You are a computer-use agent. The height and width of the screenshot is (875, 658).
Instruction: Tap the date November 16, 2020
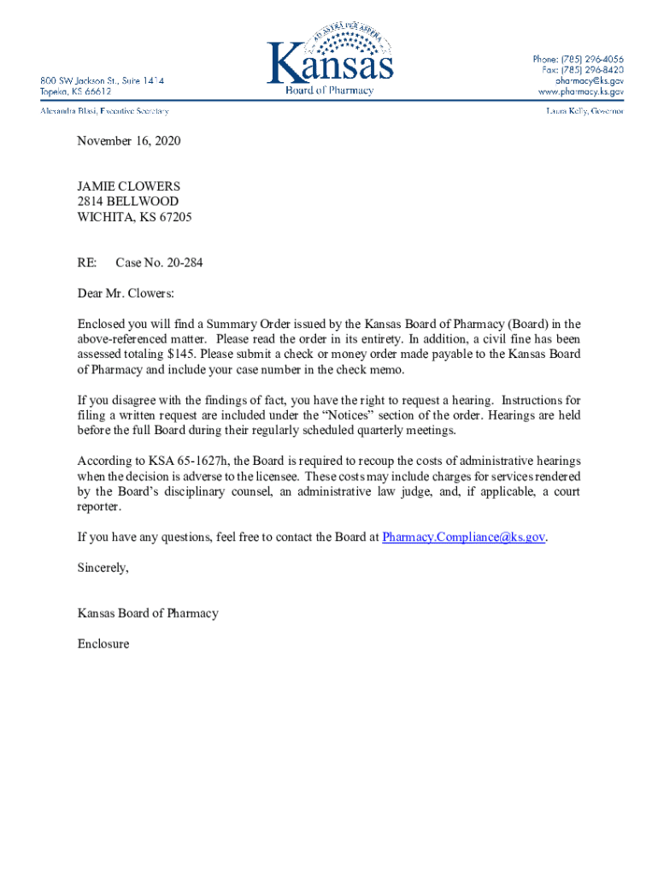(129, 140)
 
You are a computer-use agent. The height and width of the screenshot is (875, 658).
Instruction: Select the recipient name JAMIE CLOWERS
(129, 186)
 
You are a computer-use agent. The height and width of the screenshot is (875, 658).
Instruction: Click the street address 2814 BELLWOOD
(128, 202)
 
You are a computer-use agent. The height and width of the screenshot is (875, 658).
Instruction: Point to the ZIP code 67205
(174, 217)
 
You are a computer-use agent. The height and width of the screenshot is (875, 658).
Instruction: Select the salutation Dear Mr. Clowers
(126, 294)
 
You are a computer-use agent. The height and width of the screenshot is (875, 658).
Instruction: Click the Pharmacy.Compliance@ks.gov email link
(463, 537)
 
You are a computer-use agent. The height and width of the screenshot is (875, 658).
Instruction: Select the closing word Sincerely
(103, 567)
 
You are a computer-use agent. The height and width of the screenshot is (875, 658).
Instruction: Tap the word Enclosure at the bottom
(103, 643)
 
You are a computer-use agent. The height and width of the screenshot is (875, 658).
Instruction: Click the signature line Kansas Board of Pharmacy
(148, 613)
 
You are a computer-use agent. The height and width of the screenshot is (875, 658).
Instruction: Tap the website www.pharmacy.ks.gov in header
(580, 91)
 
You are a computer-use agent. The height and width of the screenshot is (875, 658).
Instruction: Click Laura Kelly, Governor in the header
(585, 111)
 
